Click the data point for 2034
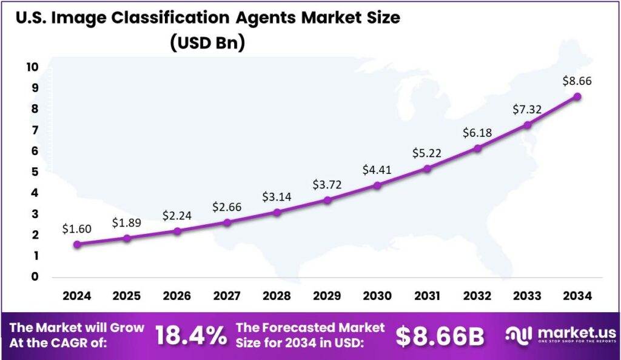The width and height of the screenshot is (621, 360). click(x=577, y=96)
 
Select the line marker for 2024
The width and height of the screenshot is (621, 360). click(x=76, y=244)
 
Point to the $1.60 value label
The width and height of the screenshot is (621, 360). click(x=76, y=228)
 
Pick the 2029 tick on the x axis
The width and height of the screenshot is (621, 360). click(x=327, y=296)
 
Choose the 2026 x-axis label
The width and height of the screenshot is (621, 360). click(x=176, y=296)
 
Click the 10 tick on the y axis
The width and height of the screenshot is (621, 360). click(x=32, y=67)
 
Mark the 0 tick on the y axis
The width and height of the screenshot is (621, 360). click(x=33, y=277)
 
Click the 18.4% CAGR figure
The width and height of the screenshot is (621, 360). click(x=190, y=336)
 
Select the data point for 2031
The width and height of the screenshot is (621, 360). click(x=427, y=168)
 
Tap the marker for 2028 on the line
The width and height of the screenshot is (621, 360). click(x=277, y=212)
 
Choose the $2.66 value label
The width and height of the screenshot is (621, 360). click(x=227, y=207)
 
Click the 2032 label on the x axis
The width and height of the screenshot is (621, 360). click(x=477, y=296)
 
